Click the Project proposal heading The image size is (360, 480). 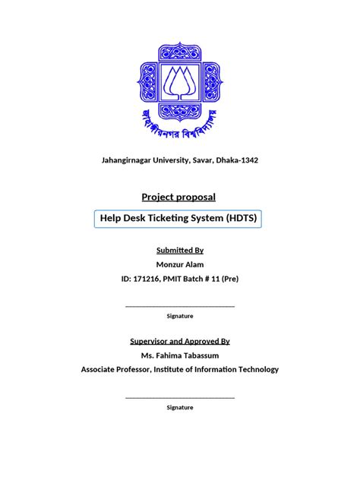point(180,197)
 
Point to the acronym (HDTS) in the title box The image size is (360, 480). point(242,219)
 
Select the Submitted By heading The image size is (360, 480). point(180,250)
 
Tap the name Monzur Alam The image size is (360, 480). point(180,264)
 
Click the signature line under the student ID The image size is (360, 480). point(180,306)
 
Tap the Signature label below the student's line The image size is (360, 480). point(180,315)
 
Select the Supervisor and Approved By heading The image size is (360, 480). point(180,341)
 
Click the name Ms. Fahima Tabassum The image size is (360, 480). point(180,355)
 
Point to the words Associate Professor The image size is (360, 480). point(115,370)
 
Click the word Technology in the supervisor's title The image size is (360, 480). point(257,370)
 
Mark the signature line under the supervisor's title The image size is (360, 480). point(180,397)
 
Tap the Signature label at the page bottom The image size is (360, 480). point(180,407)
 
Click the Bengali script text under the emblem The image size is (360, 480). point(180,124)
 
